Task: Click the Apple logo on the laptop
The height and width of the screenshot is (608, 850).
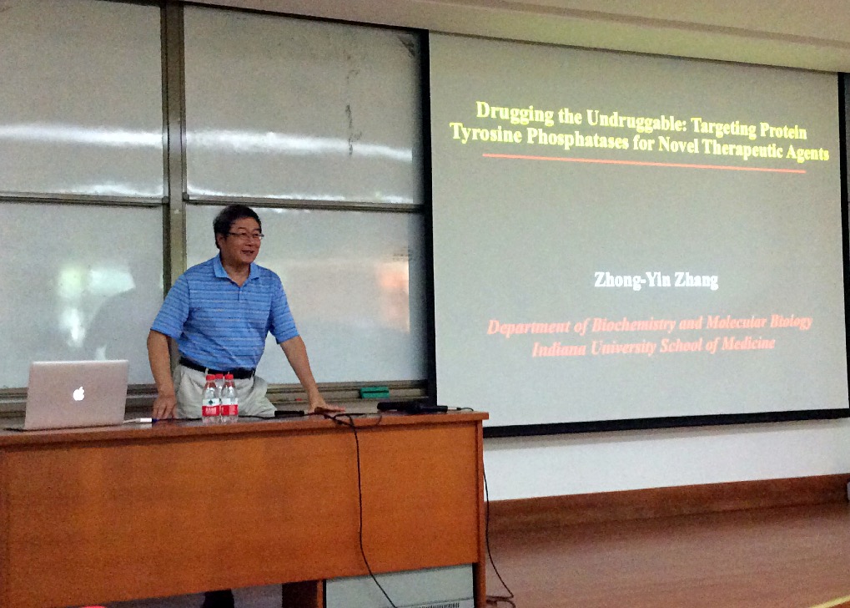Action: pos(78,393)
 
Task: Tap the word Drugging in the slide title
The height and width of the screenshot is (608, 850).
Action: pos(515,113)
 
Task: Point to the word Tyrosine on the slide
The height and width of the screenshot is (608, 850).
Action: pos(485,134)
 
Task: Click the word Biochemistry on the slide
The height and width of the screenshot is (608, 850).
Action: pos(633,324)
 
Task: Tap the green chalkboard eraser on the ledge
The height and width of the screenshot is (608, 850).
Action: pos(375,392)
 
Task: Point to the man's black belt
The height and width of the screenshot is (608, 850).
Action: pos(216,368)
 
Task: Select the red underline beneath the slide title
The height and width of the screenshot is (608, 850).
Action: pos(644,164)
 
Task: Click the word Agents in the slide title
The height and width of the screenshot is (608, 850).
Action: pos(807,154)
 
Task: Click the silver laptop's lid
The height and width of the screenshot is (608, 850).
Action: pos(76,393)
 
